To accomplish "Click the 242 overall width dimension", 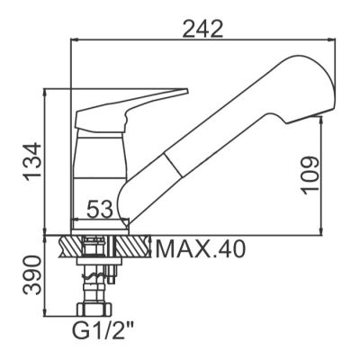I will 202,29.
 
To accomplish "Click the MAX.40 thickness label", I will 198,247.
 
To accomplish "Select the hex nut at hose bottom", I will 93,307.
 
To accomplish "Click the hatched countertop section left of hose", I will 71,245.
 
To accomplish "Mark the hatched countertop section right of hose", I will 135,245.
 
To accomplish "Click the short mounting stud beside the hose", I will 113,270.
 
